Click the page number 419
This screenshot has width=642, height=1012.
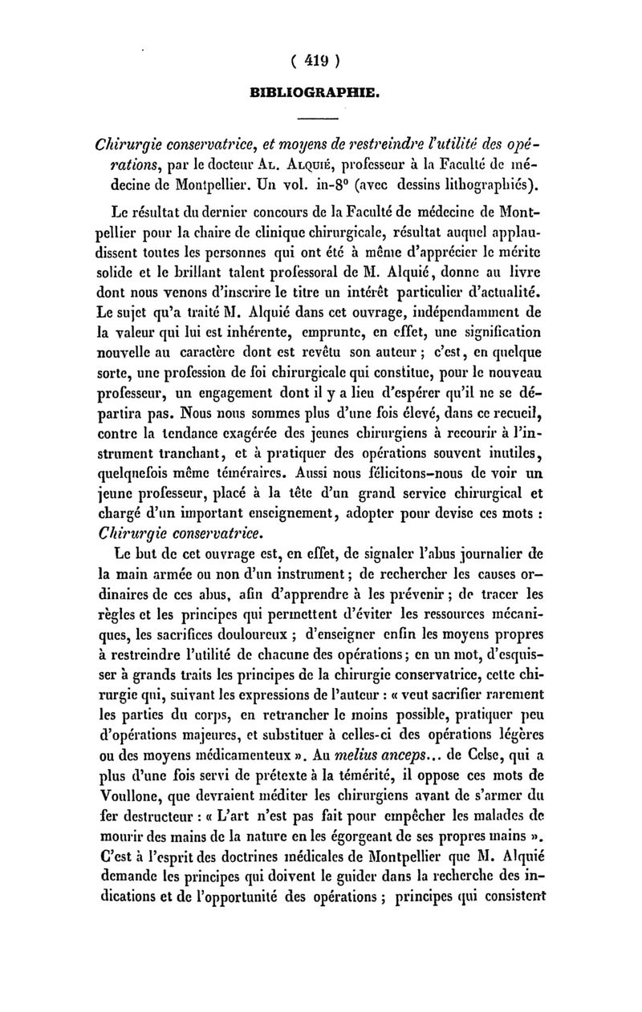click(x=319, y=60)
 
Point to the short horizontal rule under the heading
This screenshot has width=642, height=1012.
click(x=319, y=121)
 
